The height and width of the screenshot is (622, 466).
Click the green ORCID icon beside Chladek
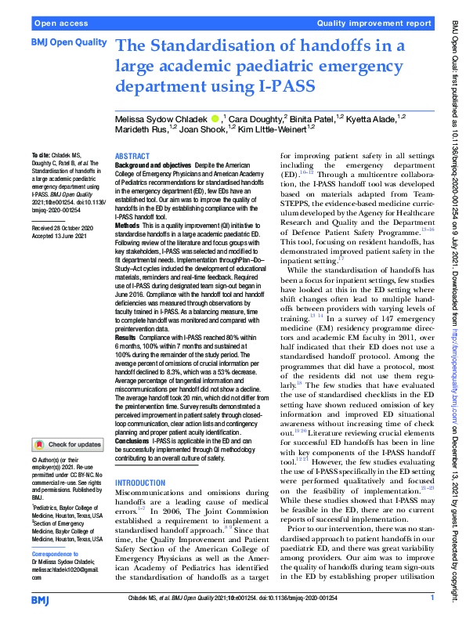pos(215,118)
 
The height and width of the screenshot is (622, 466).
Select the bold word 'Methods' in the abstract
pos(128,225)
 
